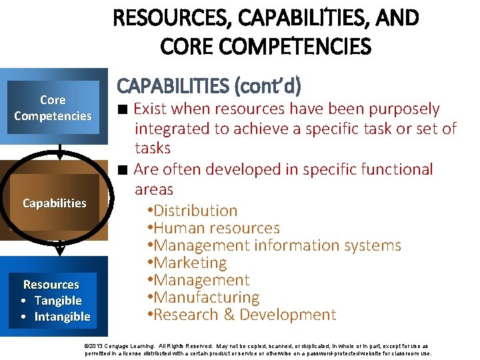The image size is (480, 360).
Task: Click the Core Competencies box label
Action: pyautogui.click(x=53, y=108)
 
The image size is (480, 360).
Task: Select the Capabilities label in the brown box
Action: pyautogui.click(x=54, y=203)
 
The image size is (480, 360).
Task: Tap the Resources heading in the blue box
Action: pyautogui.click(x=51, y=285)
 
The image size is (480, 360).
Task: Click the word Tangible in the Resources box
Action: pyautogui.click(x=58, y=301)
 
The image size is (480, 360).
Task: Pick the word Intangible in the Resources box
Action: pyautogui.click(x=62, y=317)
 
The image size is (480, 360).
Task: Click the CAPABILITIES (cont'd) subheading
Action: pyautogui.click(x=209, y=86)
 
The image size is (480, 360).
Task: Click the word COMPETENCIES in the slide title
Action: pyautogui.click(x=285, y=47)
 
